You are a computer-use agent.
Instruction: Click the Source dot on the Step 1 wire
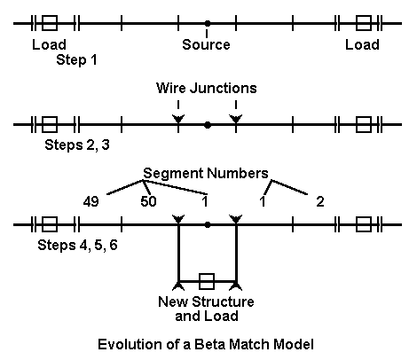pos(208,23)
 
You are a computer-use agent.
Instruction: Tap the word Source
pos(206,44)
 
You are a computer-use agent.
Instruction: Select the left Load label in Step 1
pos(49,44)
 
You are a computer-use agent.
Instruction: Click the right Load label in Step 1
pos(362,44)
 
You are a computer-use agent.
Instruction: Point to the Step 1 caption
pos(76,59)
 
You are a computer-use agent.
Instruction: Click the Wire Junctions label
pos(207,88)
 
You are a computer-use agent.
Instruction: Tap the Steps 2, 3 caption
pos(77,145)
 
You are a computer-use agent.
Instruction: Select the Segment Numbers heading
pos(206,173)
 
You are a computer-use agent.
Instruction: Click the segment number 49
pos(90,201)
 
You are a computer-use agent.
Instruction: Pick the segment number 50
pos(148,201)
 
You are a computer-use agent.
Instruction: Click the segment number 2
pos(320,201)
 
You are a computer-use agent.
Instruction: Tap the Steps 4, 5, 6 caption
pos(77,246)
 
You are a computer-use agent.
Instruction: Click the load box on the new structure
pos(207,281)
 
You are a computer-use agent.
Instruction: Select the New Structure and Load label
pos(206,309)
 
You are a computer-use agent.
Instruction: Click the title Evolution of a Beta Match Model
pos(206,345)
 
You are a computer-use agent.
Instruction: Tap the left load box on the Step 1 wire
pos(50,23)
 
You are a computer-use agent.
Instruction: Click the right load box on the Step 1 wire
pos(364,23)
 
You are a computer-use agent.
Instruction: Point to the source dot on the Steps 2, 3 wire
pos(208,125)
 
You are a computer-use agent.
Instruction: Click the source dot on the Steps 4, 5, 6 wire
pos(208,225)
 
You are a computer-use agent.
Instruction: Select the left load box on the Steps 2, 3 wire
pos(50,124)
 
